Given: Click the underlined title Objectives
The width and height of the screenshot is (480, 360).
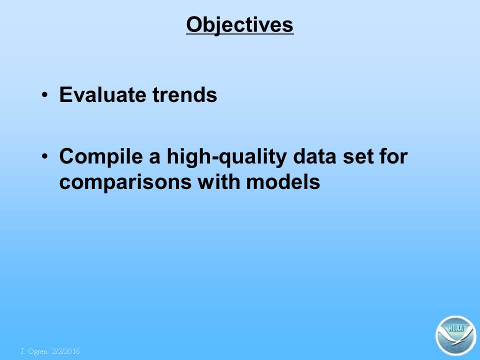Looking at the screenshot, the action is click(239, 24).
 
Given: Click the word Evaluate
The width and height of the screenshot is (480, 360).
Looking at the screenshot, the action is click(102, 94).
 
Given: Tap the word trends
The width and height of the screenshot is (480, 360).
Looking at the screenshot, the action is click(185, 94).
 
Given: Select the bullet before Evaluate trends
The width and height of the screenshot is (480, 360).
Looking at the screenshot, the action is click(44, 94).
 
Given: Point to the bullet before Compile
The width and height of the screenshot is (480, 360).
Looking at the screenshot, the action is click(44, 156).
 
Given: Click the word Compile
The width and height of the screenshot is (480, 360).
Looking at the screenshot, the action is click(101, 156).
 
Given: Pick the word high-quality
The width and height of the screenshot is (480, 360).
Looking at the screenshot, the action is click(226, 156).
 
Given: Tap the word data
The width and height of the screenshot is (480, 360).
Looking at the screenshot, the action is click(314, 156).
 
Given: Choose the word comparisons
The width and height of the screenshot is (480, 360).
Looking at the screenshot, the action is click(125, 182).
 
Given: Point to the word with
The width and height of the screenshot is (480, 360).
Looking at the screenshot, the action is click(218, 181).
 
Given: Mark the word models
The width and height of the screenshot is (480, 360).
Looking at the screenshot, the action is click(283, 181).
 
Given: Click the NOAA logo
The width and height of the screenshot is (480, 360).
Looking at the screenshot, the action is click(456, 335).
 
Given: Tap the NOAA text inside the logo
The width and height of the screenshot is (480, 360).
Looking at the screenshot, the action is click(456, 328).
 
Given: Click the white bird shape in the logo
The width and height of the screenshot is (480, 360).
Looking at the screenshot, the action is click(456, 338).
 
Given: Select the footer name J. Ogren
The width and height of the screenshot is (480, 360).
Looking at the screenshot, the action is click(33, 351).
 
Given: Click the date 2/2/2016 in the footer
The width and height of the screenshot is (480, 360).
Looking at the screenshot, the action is click(66, 351).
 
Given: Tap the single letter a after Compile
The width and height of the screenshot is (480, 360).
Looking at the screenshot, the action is click(155, 158).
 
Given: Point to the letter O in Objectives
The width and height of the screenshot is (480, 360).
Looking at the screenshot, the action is click(194, 24).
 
